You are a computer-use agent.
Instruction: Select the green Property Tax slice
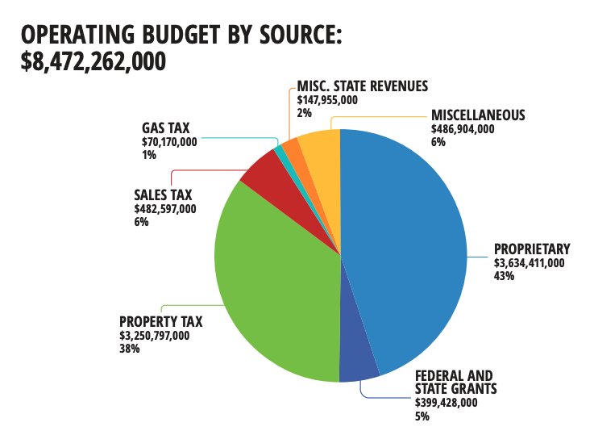click(x=274, y=291)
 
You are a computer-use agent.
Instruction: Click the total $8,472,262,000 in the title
click(x=93, y=61)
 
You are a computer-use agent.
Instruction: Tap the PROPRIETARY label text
click(x=532, y=249)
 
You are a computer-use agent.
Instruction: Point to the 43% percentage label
click(x=505, y=275)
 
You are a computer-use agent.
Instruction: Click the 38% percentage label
click(x=129, y=349)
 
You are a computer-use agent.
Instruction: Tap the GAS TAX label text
click(x=168, y=128)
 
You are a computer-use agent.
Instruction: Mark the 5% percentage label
click(x=422, y=416)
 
